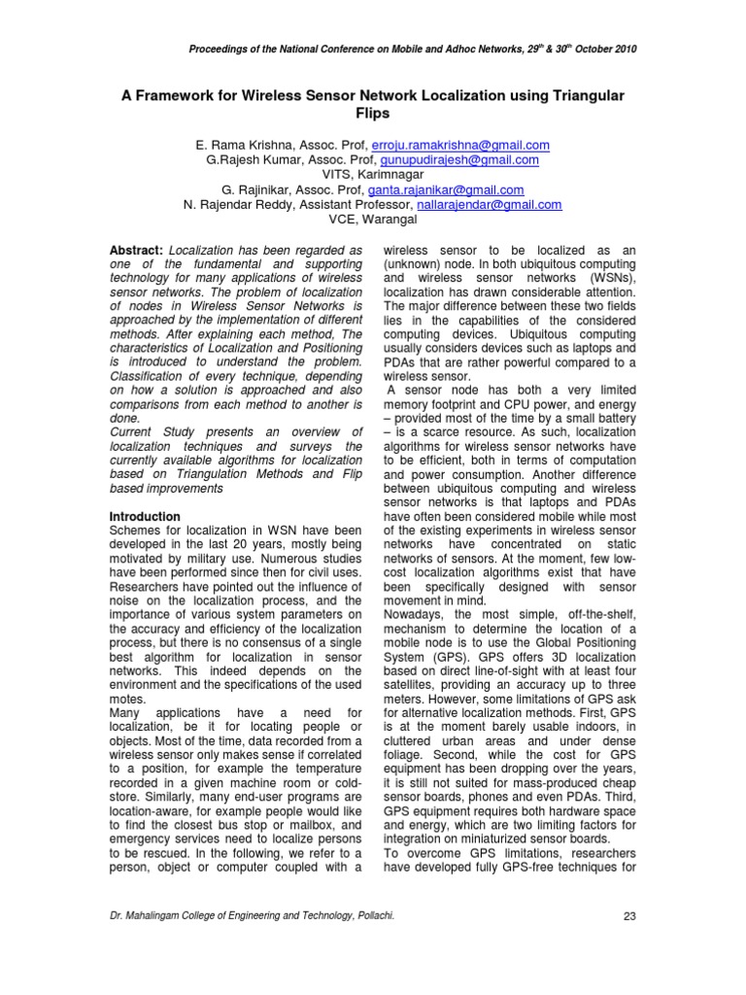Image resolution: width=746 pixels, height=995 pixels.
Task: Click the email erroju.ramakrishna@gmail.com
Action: tap(470, 145)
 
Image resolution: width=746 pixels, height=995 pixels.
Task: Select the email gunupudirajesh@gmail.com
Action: tap(470, 159)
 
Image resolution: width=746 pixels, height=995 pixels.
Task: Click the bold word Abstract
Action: tap(135, 250)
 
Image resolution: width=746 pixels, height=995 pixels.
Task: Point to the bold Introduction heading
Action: tap(145, 516)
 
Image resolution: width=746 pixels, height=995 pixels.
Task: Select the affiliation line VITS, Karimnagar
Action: tap(373, 175)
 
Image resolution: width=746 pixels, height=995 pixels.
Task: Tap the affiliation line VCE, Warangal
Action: tap(373, 220)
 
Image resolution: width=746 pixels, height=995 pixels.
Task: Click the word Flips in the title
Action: tap(373, 114)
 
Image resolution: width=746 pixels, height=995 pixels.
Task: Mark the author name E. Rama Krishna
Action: tap(242, 145)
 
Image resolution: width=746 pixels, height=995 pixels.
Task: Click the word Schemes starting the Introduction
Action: tap(137, 531)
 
